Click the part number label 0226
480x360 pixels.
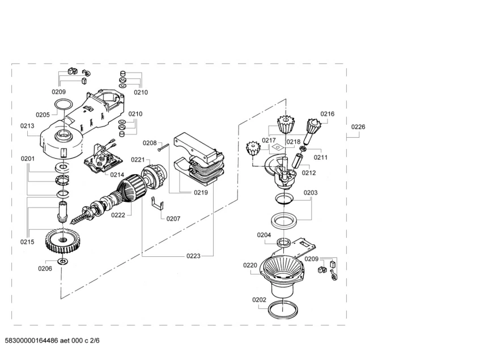(x=358, y=127)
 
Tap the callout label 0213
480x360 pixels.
(x=27, y=126)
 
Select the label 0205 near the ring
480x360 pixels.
(x=43, y=115)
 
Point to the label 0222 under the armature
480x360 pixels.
(x=118, y=216)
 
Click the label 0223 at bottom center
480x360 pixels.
(x=193, y=256)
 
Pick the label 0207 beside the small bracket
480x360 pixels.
(x=173, y=218)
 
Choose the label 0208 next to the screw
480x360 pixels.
(x=149, y=143)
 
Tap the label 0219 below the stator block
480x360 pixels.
(x=201, y=193)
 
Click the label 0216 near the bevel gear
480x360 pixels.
(x=328, y=114)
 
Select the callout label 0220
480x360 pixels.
(x=250, y=265)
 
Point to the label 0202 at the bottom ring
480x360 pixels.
(x=259, y=300)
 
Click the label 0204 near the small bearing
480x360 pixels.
(x=264, y=235)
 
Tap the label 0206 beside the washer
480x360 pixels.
(x=45, y=268)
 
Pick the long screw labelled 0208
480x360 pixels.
(x=164, y=147)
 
